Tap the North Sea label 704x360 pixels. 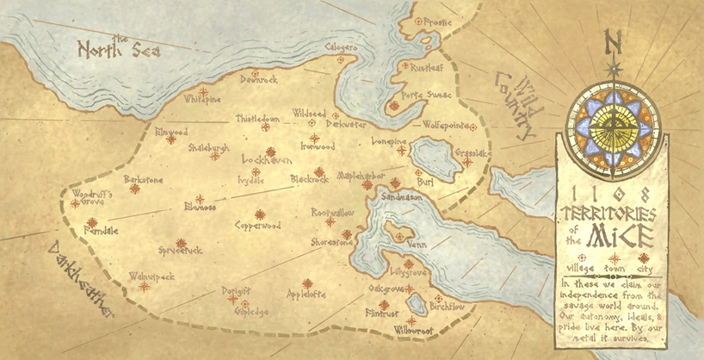[119, 51]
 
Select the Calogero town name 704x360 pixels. [342, 48]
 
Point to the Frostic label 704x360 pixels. [434, 22]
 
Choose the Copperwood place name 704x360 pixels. [257, 226]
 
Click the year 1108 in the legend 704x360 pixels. [613, 192]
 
